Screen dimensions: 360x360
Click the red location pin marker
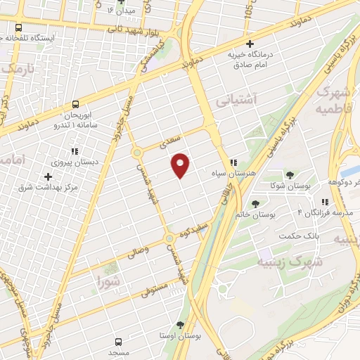pyautogui.click(x=181, y=165)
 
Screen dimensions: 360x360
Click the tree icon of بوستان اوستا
pyautogui.click(x=181, y=325)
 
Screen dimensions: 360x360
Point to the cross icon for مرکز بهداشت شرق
pyautogui.click(x=48, y=176)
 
